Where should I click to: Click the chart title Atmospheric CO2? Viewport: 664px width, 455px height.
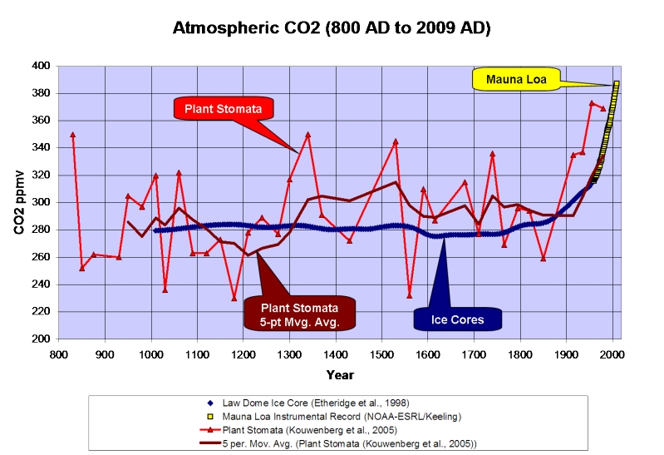click(331, 28)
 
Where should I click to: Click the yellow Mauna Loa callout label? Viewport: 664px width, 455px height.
click(515, 79)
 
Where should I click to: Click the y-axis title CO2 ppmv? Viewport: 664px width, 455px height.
click(18, 202)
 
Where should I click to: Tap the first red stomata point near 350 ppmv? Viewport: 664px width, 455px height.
click(72, 134)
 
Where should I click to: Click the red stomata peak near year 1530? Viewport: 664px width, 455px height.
click(396, 141)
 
